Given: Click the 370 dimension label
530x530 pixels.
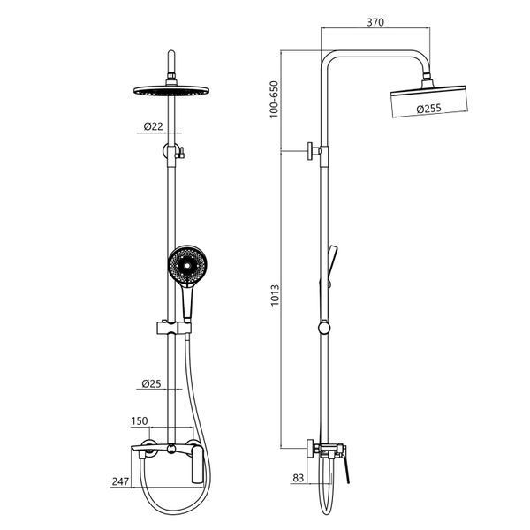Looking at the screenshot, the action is [x=375, y=22].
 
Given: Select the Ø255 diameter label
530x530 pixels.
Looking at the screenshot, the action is [x=429, y=109].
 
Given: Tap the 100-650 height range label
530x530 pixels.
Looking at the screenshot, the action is [x=274, y=99].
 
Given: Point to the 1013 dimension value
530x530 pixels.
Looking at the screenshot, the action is [x=275, y=295].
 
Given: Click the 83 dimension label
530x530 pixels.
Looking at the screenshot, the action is [x=299, y=478].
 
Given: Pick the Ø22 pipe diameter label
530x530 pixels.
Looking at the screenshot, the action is [x=153, y=126].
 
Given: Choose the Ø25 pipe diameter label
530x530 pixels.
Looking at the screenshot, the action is [x=151, y=383].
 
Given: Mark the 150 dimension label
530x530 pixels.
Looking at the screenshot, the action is [x=140, y=420].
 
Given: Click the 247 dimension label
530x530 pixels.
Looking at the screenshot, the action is [x=120, y=481].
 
